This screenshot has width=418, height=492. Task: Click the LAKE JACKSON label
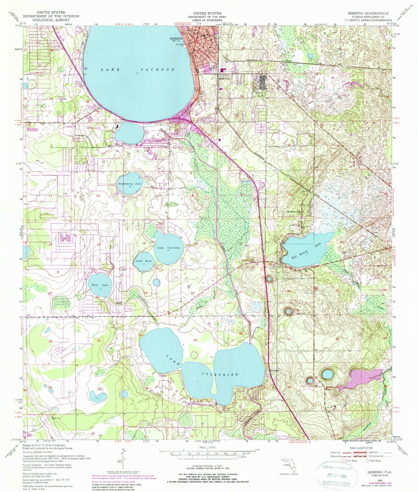click(x=138, y=69)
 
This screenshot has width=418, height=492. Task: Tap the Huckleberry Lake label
click(x=130, y=184)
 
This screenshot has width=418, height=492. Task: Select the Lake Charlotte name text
click(x=169, y=248)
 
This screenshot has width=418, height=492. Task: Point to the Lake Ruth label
click(x=144, y=261)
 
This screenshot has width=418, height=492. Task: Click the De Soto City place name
click(x=294, y=212)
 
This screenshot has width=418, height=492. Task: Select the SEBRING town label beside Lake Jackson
click(x=176, y=39)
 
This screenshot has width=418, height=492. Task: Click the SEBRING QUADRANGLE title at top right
click(x=368, y=13)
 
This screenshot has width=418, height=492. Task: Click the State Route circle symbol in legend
click(x=367, y=460)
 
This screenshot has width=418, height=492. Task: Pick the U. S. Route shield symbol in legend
click(x=344, y=460)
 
